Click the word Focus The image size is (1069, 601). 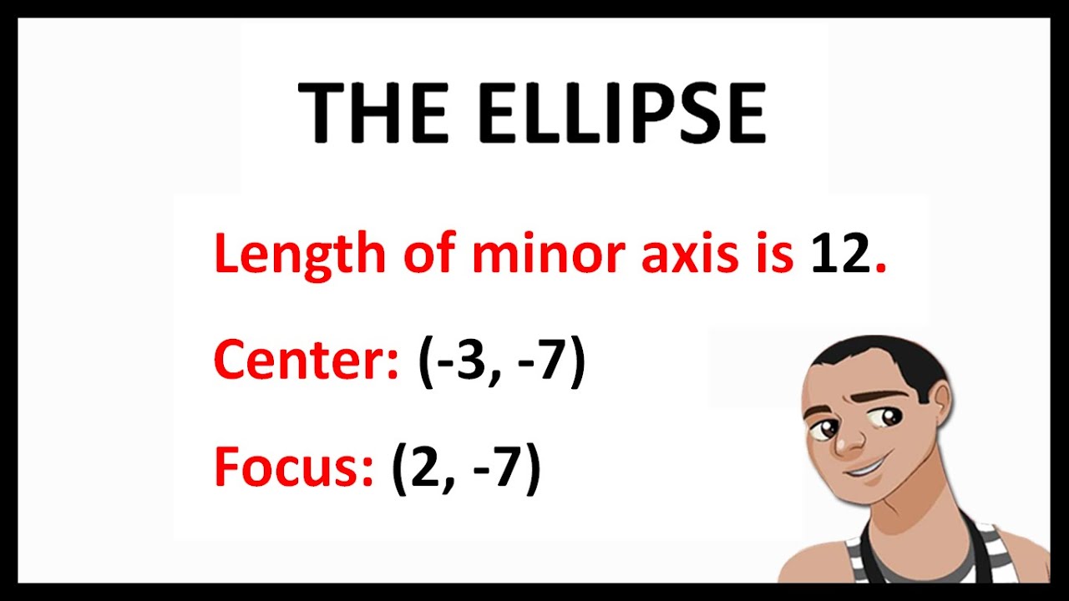pyautogui.click(x=293, y=467)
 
